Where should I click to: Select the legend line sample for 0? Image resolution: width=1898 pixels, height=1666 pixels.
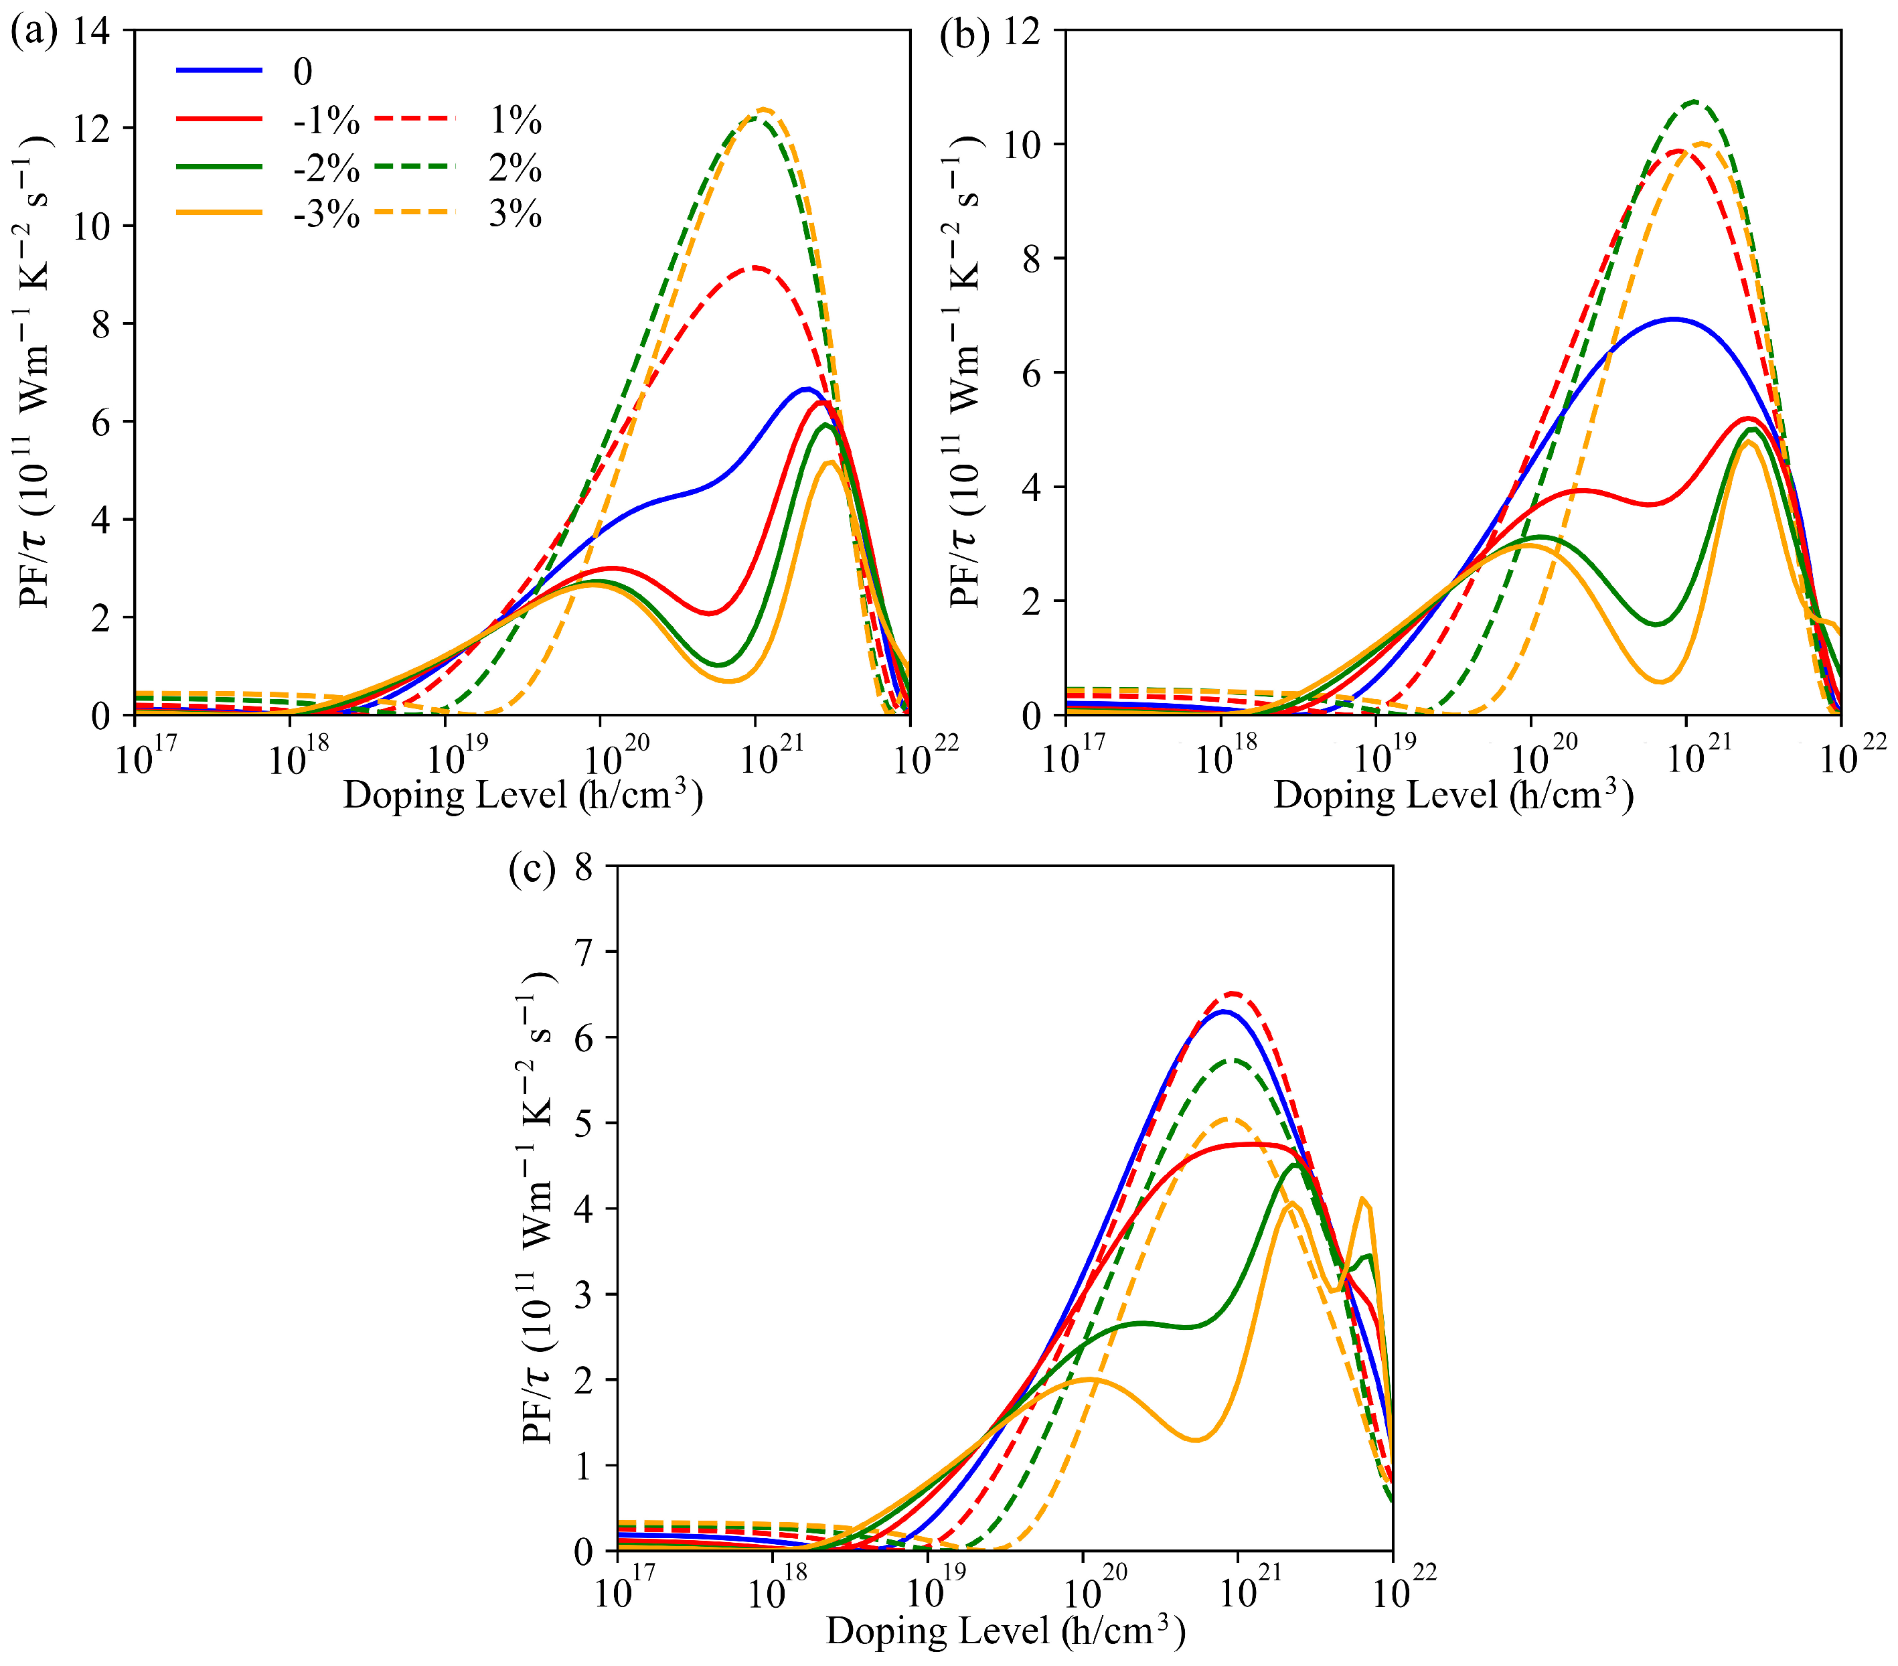click(x=219, y=70)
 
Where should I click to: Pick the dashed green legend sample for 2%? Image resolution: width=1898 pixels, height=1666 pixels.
click(x=415, y=167)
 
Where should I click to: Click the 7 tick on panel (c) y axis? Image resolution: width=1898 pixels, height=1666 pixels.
click(x=583, y=952)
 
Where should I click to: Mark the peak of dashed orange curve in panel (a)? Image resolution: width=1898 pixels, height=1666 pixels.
click(x=764, y=110)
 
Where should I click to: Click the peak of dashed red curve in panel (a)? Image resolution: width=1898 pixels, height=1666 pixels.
click(x=756, y=267)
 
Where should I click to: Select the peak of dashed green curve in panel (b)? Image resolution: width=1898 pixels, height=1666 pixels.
click(x=1694, y=101)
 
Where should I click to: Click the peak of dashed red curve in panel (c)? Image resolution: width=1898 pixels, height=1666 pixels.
click(x=1233, y=993)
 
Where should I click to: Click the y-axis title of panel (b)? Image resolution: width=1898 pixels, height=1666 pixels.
click(x=965, y=372)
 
